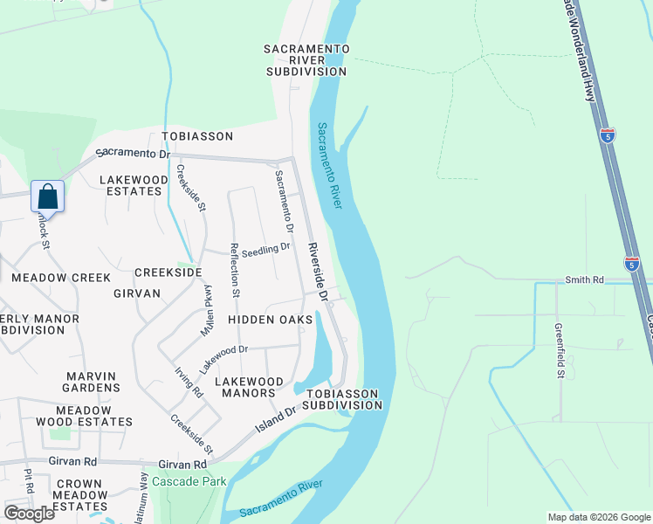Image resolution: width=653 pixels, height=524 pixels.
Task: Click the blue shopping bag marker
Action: (x=48, y=196)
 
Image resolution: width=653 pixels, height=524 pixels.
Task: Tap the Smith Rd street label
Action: (x=584, y=280)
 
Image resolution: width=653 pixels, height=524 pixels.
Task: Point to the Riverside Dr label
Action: (x=317, y=272)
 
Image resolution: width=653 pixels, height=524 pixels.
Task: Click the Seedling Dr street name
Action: (x=266, y=249)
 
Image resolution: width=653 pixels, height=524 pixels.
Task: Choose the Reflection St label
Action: (x=235, y=271)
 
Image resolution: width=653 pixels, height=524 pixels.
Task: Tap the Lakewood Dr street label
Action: (x=223, y=354)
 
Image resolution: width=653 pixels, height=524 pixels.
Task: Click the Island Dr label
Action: (x=278, y=421)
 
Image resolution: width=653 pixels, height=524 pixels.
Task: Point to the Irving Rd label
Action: (x=188, y=383)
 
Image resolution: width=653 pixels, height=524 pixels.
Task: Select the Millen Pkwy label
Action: (x=208, y=311)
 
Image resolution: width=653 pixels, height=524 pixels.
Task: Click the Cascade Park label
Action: (x=189, y=481)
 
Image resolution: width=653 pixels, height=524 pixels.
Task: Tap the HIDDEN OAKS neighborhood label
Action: (x=270, y=321)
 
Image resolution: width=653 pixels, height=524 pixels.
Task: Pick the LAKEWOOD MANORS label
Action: (x=249, y=388)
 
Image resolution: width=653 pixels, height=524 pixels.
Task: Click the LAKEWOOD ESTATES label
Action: (x=133, y=185)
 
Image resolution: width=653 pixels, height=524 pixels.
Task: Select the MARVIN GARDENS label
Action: (x=93, y=382)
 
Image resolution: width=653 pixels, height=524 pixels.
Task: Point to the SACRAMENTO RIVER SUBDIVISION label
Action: (x=306, y=60)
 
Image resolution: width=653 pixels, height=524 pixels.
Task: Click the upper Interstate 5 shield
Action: (x=608, y=134)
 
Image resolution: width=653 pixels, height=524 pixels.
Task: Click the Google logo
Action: (x=29, y=513)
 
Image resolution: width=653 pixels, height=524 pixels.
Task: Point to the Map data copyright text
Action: (x=598, y=517)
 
